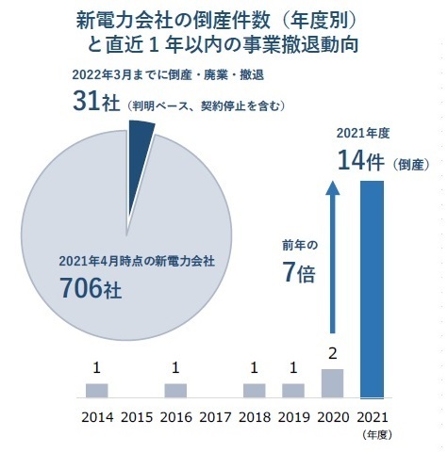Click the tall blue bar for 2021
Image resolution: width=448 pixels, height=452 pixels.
click(x=372, y=289)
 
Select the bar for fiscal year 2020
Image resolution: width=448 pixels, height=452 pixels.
click(x=332, y=383)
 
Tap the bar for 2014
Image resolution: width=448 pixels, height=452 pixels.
click(x=97, y=391)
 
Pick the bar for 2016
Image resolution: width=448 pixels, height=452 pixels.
click(x=175, y=391)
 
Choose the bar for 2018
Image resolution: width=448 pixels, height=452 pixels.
click(x=254, y=391)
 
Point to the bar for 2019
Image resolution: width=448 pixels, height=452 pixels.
click(x=293, y=391)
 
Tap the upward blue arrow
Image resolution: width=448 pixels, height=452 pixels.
click(x=333, y=257)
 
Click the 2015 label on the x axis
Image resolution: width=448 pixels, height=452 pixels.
click(x=137, y=417)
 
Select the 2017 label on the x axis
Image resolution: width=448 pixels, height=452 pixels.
click(x=215, y=417)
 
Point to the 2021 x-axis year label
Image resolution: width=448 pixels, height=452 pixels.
click(x=373, y=417)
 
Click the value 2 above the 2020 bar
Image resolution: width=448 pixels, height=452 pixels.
click(x=332, y=354)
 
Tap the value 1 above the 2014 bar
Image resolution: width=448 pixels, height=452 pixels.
click(x=97, y=368)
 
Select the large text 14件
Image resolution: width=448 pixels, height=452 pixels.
click(x=361, y=161)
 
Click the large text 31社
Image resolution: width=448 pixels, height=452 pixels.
click(x=96, y=101)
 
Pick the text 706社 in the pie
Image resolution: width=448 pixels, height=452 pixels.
click(x=91, y=288)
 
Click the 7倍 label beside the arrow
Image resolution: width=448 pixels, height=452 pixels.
click(x=299, y=272)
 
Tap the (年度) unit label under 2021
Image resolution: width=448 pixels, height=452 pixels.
click(x=376, y=435)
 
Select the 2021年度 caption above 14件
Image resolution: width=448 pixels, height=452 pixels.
click(x=363, y=134)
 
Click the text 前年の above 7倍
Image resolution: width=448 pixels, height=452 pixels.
click(x=300, y=245)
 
